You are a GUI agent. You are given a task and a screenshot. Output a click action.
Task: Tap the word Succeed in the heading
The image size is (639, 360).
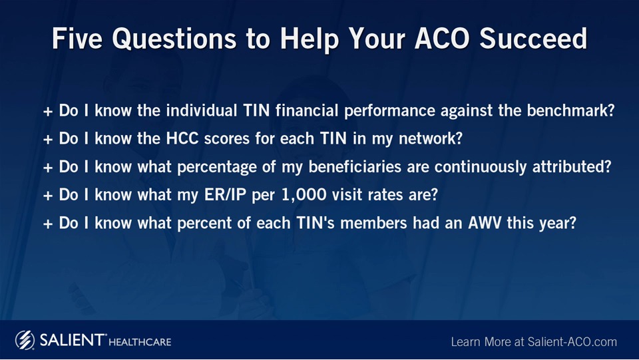[x=533, y=39]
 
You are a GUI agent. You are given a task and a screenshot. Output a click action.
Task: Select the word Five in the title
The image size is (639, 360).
[x=77, y=39]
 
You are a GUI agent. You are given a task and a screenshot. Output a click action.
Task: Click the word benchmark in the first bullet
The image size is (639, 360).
[x=570, y=110]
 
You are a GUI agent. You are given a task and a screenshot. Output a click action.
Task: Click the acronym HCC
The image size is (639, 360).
[x=182, y=138]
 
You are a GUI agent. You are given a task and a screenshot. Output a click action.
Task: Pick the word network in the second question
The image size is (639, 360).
[x=431, y=138]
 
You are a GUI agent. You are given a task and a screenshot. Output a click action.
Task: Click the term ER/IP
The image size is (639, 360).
[x=226, y=195]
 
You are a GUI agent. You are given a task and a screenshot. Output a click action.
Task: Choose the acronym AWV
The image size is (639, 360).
[x=485, y=223]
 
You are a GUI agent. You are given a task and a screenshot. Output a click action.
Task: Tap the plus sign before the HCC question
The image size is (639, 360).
[x=48, y=139]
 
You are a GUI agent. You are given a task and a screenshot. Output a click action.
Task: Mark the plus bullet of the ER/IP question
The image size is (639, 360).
[x=48, y=196]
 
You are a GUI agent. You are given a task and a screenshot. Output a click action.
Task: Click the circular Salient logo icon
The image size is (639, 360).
[x=25, y=340]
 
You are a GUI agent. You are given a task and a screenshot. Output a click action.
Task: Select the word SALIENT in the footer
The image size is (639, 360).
[x=72, y=339]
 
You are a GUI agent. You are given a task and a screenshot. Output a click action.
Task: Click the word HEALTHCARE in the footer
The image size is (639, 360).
[x=140, y=341]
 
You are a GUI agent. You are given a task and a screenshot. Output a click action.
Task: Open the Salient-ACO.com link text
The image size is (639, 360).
[x=572, y=341]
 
